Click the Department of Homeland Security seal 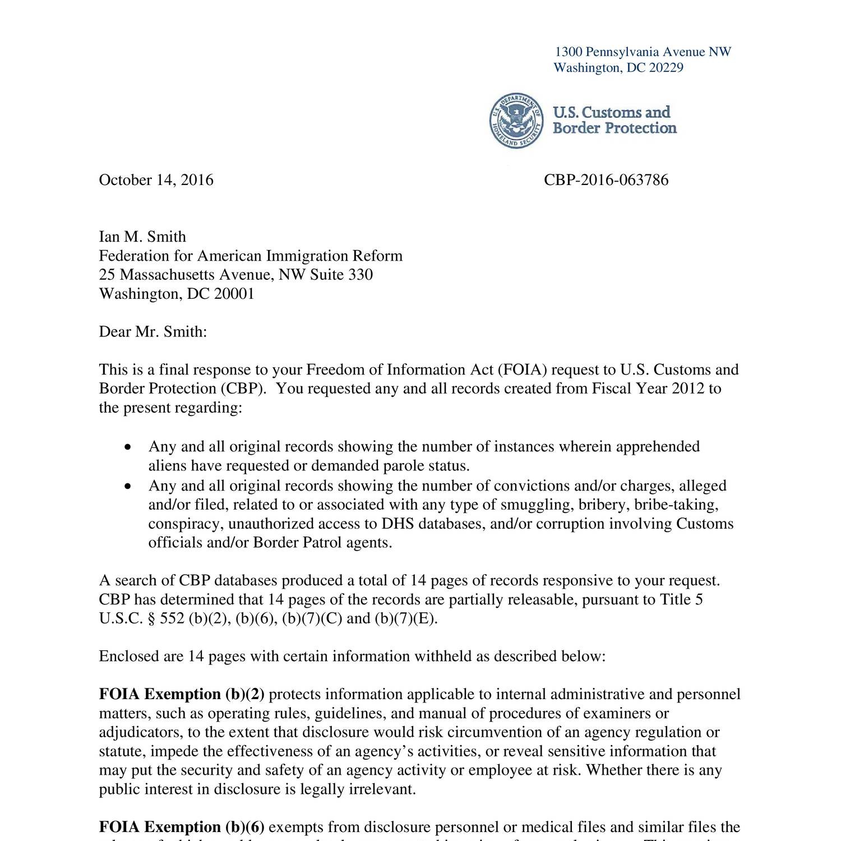tap(516, 121)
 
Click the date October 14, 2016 tap(156, 180)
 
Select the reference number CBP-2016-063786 tap(606, 180)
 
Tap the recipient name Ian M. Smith tap(142, 237)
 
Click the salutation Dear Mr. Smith tap(153, 331)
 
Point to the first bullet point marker tap(128, 447)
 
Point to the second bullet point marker tap(128, 486)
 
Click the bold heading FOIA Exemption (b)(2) tap(181, 694)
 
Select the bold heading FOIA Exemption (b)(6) tap(181, 827)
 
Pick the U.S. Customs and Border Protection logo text tap(614, 120)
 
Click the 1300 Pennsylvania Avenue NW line tap(643, 52)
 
